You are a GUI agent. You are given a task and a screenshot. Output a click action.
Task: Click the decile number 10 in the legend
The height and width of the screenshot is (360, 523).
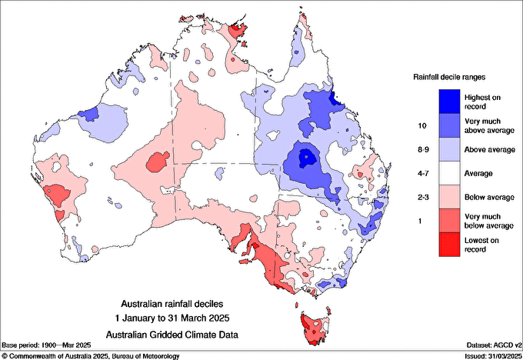click(x=421, y=125)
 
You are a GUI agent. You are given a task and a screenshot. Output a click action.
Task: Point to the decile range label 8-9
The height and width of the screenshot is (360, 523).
click(x=421, y=149)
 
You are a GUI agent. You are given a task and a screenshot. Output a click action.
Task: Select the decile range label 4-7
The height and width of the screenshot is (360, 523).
click(x=421, y=174)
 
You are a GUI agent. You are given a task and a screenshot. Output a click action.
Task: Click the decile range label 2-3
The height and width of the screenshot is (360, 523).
click(x=421, y=198)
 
